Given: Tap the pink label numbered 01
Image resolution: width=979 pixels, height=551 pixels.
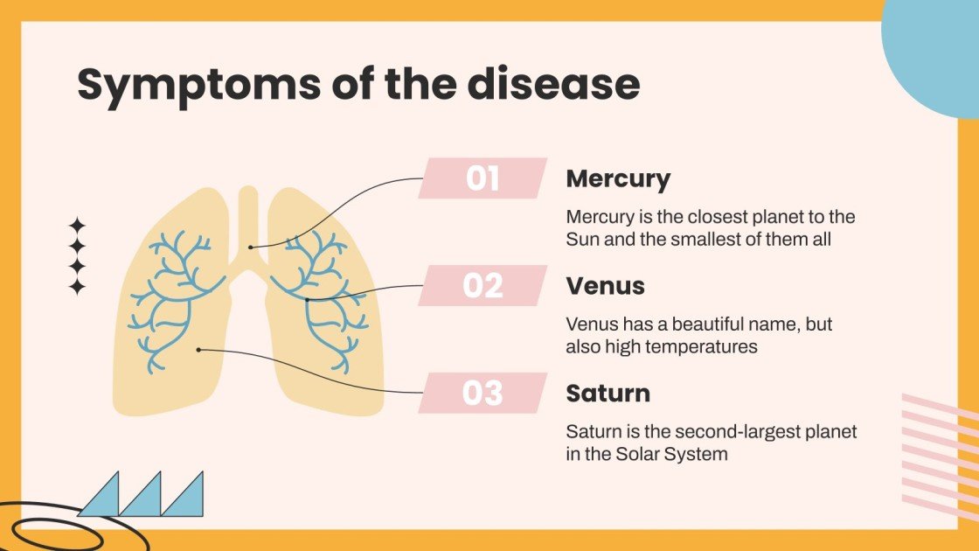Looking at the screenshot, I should pyautogui.click(x=483, y=178).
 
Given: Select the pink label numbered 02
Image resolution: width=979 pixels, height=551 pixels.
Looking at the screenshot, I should pyautogui.click(x=483, y=286).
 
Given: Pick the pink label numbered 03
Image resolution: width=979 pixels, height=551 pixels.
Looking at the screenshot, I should pyautogui.click(x=483, y=394).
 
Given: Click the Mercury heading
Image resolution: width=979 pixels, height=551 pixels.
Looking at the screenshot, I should pyautogui.click(x=618, y=178).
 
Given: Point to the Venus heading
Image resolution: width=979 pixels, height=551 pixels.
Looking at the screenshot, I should pyautogui.click(x=605, y=286).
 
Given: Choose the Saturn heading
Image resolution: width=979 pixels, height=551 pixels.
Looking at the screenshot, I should pyautogui.click(x=608, y=394).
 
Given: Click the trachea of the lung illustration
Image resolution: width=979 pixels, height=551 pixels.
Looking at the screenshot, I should pyautogui.click(x=248, y=219).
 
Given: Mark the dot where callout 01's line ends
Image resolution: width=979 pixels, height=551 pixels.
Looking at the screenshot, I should pyautogui.click(x=251, y=247).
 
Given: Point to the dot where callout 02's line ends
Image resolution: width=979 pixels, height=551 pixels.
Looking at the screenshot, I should pyautogui.click(x=308, y=299).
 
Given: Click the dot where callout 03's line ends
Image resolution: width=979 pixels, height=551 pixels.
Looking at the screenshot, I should pyautogui.click(x=199, y=350).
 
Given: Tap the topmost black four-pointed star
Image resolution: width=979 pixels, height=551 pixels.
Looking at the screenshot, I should pyautogui.click(x=77, y=226).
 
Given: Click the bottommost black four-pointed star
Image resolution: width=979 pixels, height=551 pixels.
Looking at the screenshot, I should pyautogui.click(x=77, y=286).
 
